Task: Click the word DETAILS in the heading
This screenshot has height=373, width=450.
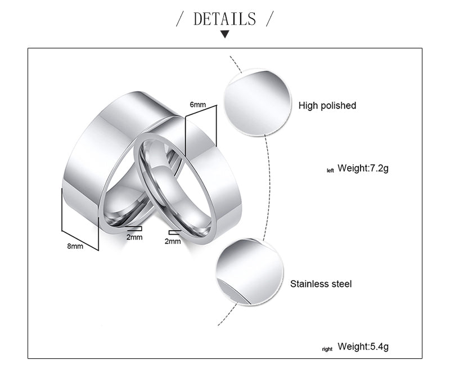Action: click(x=224, y=19)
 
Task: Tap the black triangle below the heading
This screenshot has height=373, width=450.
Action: click(x=225, y=35)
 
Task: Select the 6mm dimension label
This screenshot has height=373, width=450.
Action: click(x=198, y=105)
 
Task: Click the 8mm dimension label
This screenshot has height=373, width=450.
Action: click(x=75, y=246)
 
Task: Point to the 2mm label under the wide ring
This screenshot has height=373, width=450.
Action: click(x=134, y=237)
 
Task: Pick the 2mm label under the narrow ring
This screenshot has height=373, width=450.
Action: click(x=173, y=241)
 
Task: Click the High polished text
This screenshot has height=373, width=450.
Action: click(x=327, y=106)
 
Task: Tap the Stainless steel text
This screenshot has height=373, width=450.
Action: click(x=321, y=284)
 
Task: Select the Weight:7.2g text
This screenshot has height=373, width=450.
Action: click(x=363, y=168)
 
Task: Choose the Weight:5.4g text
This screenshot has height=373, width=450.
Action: click(x=363, y=347)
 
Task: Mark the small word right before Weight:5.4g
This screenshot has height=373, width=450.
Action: click(x=327, y=349)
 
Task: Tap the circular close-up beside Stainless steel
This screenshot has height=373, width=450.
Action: click(x=249, y=272)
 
